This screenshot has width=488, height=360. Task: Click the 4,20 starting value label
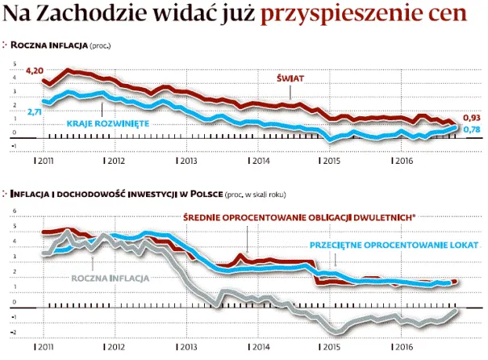point(34,72)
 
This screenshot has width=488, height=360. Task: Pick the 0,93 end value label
point(473,117)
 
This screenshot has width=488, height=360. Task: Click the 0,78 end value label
point(473,130)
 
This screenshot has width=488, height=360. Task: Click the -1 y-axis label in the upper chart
point(14,145)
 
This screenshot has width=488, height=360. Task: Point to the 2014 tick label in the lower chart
point(259,346)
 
